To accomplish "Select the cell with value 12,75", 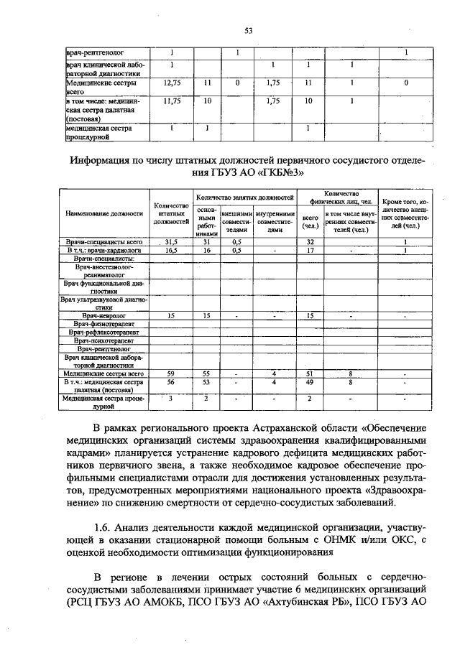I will pos(171,83).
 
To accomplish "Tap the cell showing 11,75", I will pos(171,102).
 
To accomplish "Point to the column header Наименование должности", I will pos(104,214).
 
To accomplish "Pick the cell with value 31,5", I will pos(171,243).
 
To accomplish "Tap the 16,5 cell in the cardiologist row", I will pos(171,251).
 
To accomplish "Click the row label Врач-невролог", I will pos(104,315).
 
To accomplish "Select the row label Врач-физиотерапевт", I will pos(104,324).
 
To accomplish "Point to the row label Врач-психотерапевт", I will pos(104,340).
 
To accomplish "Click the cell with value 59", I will pos(171,373).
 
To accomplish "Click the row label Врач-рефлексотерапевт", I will pos(104,333).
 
